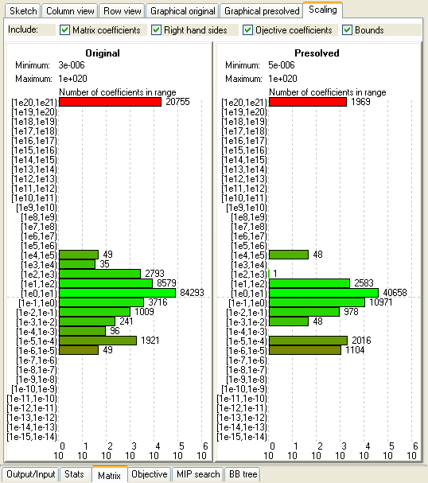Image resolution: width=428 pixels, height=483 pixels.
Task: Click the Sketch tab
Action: click(x=22, y=11)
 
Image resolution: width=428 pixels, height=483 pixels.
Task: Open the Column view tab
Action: click(x=70, y=11)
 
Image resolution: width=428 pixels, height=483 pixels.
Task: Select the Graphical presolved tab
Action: click(x=261, y=11)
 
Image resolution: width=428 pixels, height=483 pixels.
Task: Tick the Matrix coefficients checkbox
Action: click(x=65, y=30)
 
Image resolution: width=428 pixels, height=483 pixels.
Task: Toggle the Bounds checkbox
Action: click(x=348, y=30)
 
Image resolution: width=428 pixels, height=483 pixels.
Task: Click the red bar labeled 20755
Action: click(x=110, y=102)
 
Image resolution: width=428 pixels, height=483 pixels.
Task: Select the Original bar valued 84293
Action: click(x=117, y=293)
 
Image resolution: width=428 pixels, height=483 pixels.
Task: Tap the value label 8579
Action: click(x=167, y=283)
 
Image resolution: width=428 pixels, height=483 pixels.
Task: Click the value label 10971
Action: click(x=383, y=302)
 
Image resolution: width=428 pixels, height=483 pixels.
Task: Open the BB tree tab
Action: click(x=243, y=474)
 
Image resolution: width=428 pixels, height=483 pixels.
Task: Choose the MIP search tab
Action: click(x=197, y=474)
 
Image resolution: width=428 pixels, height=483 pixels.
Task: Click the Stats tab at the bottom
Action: click(x=74, y=474)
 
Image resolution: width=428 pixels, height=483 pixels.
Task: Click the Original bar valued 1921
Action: click(x=98, y=341)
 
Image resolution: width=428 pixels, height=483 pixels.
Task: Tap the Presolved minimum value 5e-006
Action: click(x=273, y=65)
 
